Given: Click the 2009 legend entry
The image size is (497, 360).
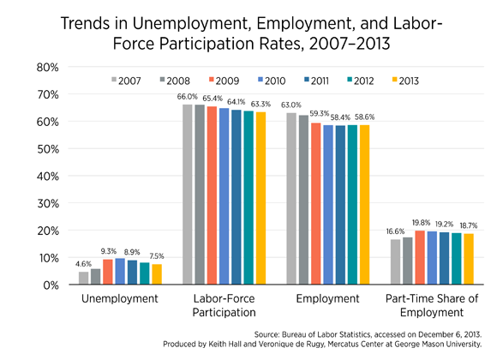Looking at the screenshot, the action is point(224,81).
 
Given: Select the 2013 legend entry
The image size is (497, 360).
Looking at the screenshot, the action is point(405,81).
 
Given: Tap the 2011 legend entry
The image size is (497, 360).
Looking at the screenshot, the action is point(316,81).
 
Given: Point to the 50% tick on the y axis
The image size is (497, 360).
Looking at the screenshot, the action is point(48,149).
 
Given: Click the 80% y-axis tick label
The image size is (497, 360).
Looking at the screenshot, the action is point(48,67).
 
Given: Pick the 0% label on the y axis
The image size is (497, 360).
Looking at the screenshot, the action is point(51,285).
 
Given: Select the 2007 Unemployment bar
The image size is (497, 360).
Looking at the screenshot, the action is point(84,278).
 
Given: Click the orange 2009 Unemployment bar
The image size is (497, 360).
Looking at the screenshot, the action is point(108,272).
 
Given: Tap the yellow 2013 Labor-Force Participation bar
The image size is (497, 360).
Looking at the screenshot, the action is point(260,198).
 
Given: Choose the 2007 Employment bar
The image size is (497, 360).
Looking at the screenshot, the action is point(291,198).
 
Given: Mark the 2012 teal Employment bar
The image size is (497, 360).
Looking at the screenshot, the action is point(352,204).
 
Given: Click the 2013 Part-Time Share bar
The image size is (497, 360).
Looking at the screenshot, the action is point(469,259).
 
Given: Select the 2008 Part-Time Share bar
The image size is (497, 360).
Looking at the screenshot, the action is point(408,261).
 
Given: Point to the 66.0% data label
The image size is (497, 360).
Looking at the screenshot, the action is point(188,97).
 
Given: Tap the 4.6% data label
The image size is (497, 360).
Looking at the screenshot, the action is point(83,264).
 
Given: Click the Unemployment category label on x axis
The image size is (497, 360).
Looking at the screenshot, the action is point(119,299).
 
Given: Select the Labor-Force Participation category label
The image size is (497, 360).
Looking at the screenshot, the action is point(225,305).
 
